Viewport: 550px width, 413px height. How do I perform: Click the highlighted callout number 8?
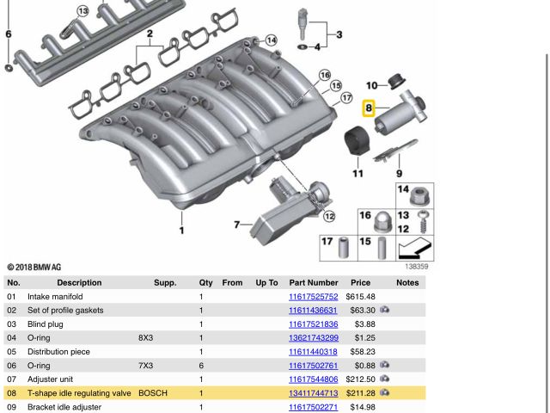[369, 108]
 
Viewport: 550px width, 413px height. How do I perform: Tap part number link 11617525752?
[313, 297]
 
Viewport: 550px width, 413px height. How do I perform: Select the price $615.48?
[360, 297]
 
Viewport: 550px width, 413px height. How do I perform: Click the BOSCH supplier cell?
[153, 393]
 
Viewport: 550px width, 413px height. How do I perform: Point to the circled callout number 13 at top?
[82, 11]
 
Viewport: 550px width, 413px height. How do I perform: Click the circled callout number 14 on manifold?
[271, 40]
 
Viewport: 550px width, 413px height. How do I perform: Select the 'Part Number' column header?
[313, 282]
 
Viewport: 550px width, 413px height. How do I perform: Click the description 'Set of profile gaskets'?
[65, 311]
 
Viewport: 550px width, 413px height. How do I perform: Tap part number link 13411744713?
[313, 393]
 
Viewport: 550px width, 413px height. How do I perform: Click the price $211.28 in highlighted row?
[360, 393]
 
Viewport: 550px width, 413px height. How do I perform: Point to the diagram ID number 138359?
[416, 267]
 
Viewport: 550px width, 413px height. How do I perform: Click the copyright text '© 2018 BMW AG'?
[34, 268]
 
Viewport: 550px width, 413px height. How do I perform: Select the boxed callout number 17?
[327, 242]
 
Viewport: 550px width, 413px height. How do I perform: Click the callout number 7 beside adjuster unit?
[237, 225]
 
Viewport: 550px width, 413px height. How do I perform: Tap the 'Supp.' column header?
[165, 282]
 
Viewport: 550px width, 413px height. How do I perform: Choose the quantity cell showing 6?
[201, 366]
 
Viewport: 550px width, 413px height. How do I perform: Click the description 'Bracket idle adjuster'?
[64, 407]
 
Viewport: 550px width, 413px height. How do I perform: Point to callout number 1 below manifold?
[181, 231]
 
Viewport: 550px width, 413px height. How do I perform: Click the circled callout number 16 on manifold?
[325, 76]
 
